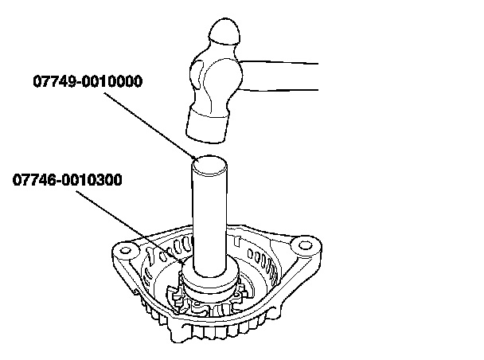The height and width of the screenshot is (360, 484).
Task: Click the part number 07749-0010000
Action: (x=88, y=80)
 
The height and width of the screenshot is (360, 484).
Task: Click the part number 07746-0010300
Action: (x=68, y=180)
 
